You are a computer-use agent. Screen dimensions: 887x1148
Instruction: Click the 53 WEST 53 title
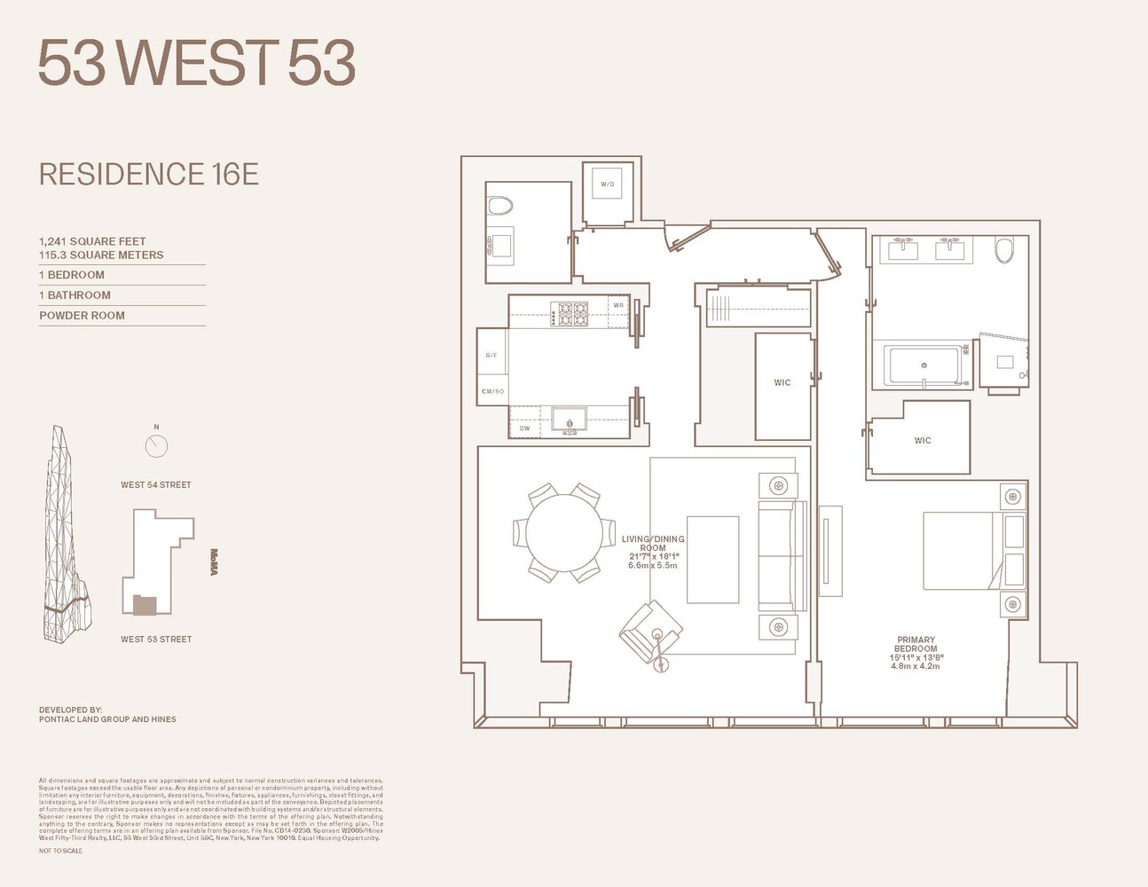196,63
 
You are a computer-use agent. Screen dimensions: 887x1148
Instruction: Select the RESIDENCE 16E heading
149,174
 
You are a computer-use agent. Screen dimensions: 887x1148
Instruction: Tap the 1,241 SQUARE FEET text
92,241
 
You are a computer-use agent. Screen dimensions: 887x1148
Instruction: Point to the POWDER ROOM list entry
83,315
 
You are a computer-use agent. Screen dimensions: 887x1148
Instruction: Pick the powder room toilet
500,207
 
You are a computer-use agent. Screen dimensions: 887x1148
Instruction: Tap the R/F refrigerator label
491,356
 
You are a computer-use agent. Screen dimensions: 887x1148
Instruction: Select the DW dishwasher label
524,428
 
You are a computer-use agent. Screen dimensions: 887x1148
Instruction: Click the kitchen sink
569,419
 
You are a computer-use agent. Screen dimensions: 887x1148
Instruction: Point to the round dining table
564,533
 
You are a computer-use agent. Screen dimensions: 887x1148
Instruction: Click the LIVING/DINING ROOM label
653,544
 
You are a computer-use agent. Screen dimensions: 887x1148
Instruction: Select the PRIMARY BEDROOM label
916,644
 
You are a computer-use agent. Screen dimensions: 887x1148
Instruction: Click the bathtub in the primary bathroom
924,365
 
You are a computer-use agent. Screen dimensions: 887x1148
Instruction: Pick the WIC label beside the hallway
782,382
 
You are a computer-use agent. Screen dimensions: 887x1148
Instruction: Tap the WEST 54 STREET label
156,485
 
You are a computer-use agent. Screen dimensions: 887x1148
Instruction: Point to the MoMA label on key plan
214,562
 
